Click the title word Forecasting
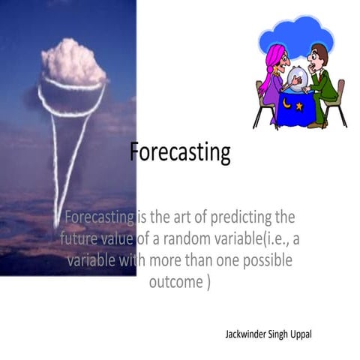180,152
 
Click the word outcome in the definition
173,282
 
